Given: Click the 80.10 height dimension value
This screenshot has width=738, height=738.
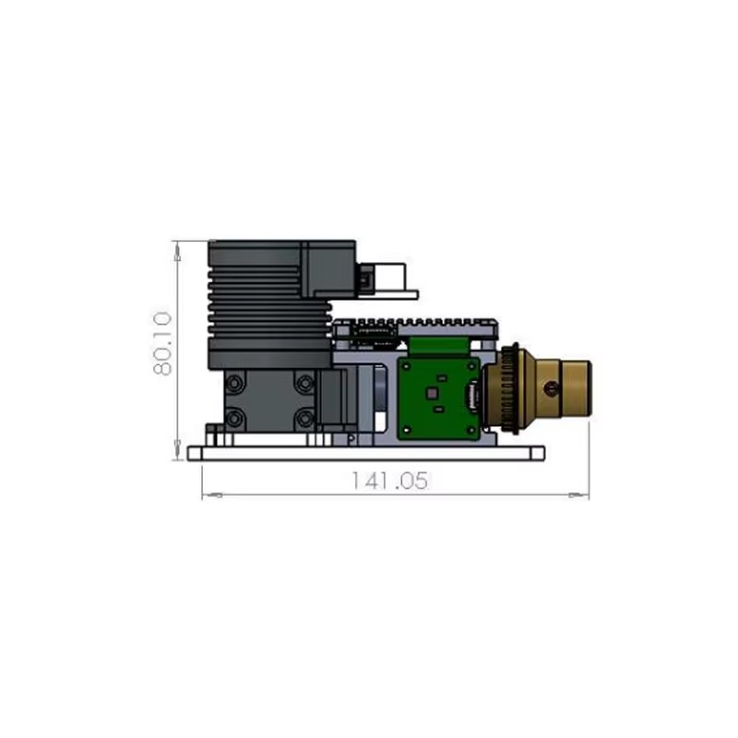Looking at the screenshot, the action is pyautogui.click(x=162, y=343).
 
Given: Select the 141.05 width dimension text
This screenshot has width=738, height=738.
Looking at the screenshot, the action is pyautogui.click(x=390, y=481).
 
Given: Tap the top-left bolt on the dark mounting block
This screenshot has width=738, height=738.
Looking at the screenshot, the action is pyautogui.click(x=235, y=384).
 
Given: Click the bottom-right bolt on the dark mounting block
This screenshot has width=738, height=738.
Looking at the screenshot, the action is pyautogui.click(x=304, y=418).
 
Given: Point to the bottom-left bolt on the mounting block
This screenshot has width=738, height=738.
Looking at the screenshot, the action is pyautogui.click(x=235, y=418).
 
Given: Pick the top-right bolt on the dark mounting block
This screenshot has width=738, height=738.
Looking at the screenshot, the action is pyautogui.click(x=304, y=384).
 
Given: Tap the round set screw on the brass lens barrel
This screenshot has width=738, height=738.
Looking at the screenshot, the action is pyautogui.click(x=551, y=388).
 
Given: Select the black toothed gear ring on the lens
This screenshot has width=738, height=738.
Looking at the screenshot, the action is pyautogui.click(x=509, y=388).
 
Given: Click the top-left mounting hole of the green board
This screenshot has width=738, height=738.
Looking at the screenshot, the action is pyautogui.click(x=407, y=365).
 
